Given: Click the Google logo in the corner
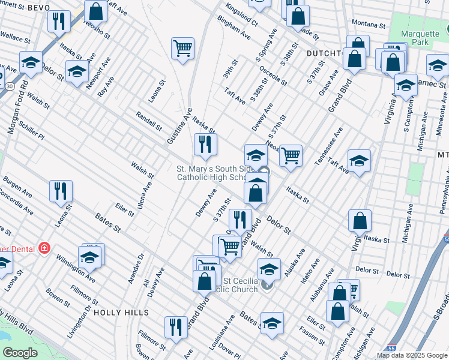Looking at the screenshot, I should click(x=20, y=353).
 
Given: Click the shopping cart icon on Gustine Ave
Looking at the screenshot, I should click(x=182, y=49).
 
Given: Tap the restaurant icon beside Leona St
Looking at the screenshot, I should click(x=61, y=191).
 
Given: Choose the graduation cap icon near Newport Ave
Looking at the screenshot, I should click(x=77, y=72).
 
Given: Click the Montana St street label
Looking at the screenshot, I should click(x=368, y=25).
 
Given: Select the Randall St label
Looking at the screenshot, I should click(x=149, y=121).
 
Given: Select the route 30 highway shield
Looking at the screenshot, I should click(x=10, y=86).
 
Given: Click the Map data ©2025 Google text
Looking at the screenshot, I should click(x=412, y=355).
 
